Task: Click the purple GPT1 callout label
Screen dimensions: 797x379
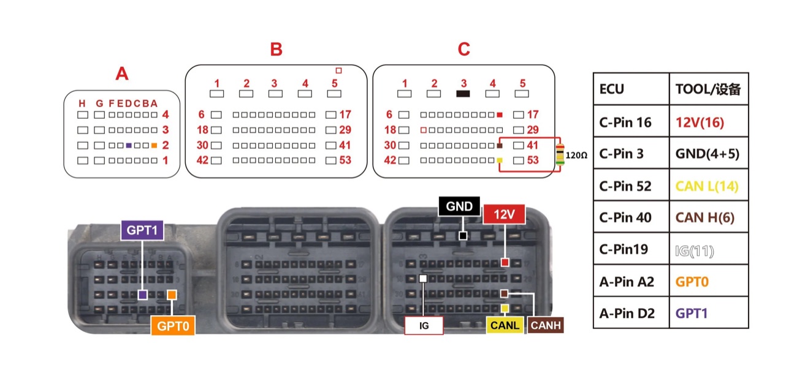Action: coord(142,230)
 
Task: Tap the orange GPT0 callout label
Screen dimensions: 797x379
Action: coord(173,325)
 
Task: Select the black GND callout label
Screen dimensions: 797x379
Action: coord(459,206)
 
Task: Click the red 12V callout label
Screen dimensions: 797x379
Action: coord(504,214)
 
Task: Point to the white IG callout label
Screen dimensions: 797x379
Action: coord(424,325)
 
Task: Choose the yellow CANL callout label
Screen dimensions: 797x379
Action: coord(505,325)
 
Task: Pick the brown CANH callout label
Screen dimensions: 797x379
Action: coord(546,325)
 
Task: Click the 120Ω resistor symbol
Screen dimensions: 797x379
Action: coord(560,155)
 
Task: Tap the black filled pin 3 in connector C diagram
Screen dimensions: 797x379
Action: coord(463,94)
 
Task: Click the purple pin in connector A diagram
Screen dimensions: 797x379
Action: coord(129,145)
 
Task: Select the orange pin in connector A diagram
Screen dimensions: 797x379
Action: coord(154,145)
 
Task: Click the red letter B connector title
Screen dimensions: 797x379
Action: coord(276,50)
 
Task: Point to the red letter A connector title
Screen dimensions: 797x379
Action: coord(121,73)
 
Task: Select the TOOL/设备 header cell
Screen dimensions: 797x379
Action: coord(709,89)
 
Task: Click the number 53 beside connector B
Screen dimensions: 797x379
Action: coord(345,160)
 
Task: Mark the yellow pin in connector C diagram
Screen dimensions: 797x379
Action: coord(500,160)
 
